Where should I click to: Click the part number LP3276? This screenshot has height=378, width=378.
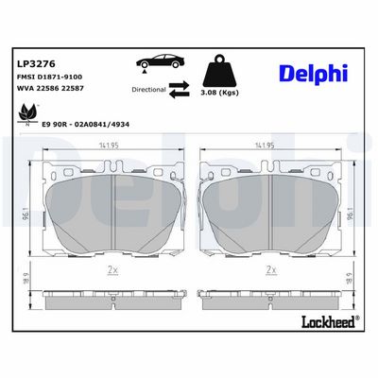pyautogui.click(x=36, y=64)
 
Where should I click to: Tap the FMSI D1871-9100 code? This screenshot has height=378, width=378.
pyautogui.click(x=49, y=77)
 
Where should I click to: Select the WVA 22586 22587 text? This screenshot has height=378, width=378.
pyautogui.click(x=50, y=89)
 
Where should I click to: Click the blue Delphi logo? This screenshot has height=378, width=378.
pyautogui.click(x=314, y=75)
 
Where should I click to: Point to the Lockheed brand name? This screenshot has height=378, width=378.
pyautogui.click(x=330, y=322)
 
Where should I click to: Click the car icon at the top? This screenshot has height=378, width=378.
pyautogui.click(x=160, y=60)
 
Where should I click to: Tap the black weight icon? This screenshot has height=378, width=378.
pyautogui.click(x=219, y=71)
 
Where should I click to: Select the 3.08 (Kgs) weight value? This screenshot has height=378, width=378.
pyautogui.click(x=219, y=93)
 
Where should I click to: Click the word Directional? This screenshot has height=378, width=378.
pyautogui.click(x=148, y=90)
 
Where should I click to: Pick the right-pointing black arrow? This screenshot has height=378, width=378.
pyautogui.click(x=179, y=85)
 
